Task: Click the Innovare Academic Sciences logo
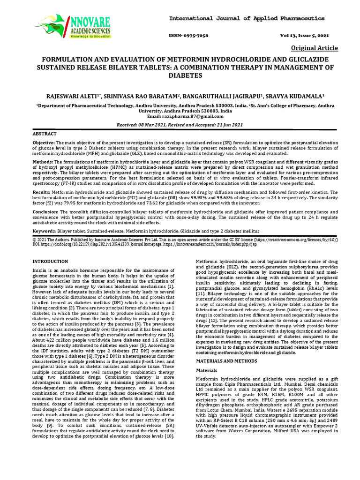(x=73, y=26)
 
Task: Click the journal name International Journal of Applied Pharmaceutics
(x=247, y=18)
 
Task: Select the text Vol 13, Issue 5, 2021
(x=305, y=36)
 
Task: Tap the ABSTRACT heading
(x=44, y=134)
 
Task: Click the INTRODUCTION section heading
(x=51, y=261)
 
